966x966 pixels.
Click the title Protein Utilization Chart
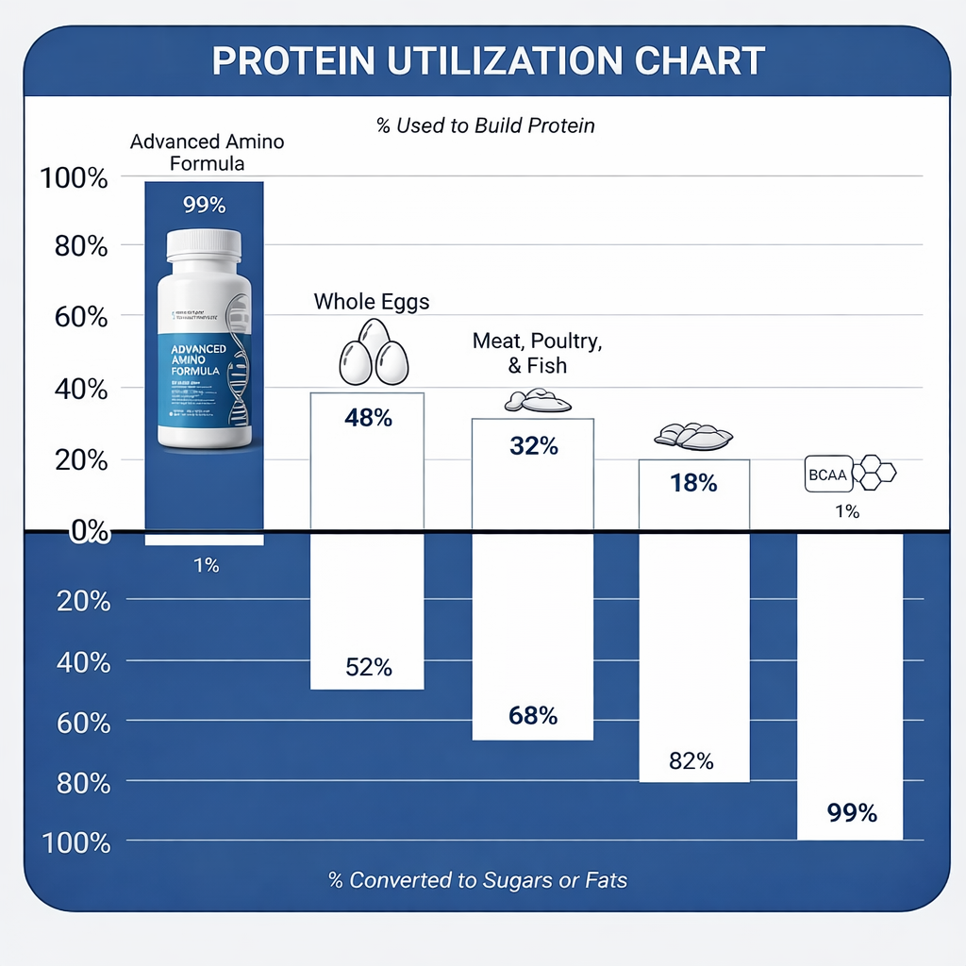tap(487, 61)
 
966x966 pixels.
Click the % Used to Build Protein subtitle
tap(486, 125)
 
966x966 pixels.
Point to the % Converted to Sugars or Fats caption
tap(477, 880)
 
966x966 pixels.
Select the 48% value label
tap(367, 416)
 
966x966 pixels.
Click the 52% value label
tap(368, 668)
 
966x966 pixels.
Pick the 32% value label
tap(533, 445)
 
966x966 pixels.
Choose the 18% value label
tap(693, 484)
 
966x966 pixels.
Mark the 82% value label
tap(691, 761)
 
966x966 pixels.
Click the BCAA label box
tap(826, 475)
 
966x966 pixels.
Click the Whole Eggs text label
tap(372, 302)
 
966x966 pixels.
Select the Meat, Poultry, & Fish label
tap(537, 354)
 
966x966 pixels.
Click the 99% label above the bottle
tap(204, 205)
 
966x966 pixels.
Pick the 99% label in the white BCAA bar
tap(852, 812)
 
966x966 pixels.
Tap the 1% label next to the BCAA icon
tap(846, 511)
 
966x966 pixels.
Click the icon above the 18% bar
tap(693, 435)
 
